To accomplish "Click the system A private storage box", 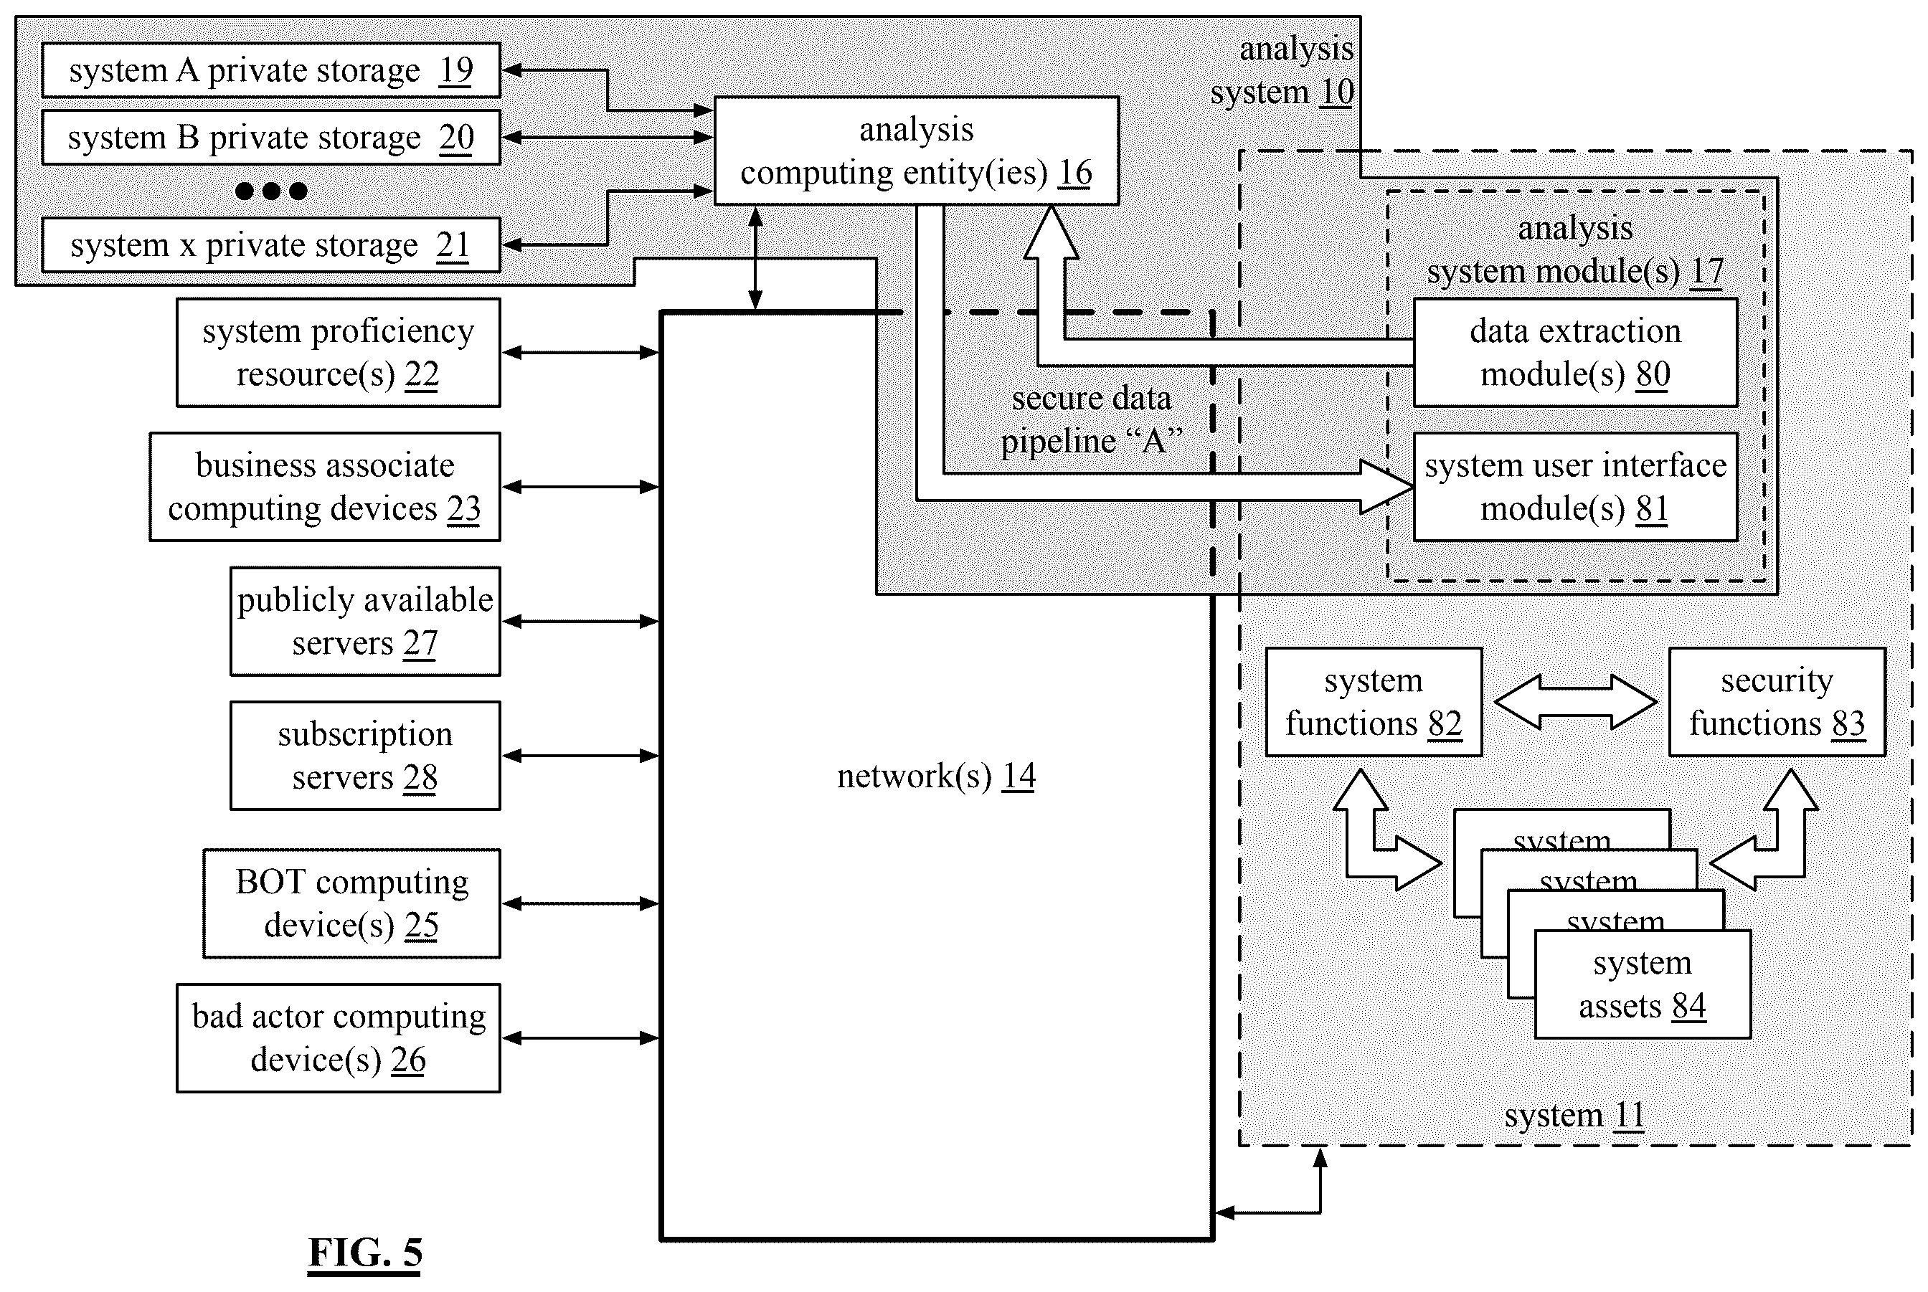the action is (x=271, y=70).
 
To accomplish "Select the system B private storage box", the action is (x=271, y=138).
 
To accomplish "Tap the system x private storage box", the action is (x=271, y=244).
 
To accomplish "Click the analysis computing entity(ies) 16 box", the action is (x=916, y=151).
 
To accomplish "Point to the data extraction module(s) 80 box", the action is (x=1575, y=353).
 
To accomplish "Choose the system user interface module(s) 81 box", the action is (x=1575, y=487).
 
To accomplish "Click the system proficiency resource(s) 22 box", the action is (x=338, y=353).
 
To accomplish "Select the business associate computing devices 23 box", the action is (x=325, y=487).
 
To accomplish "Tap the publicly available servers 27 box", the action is (x=365, y=622).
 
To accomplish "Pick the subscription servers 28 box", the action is (x=365, y=756).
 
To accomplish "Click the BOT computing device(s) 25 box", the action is (x=352, y=904).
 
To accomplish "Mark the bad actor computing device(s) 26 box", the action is (x=338, y=1038).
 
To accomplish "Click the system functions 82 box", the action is (x=1374, y=702).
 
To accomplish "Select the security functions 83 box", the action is (x=1777, y=702).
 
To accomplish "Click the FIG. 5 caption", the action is (x=365, y=1253).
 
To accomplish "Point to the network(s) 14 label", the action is (x=937, y=776).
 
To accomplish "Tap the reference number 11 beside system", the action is (x=1630, y=1116).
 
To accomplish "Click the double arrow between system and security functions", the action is (x=1575, y=702).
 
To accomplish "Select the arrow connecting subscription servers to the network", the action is (x=581, y=756).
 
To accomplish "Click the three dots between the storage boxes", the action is (x=271, y=191).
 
